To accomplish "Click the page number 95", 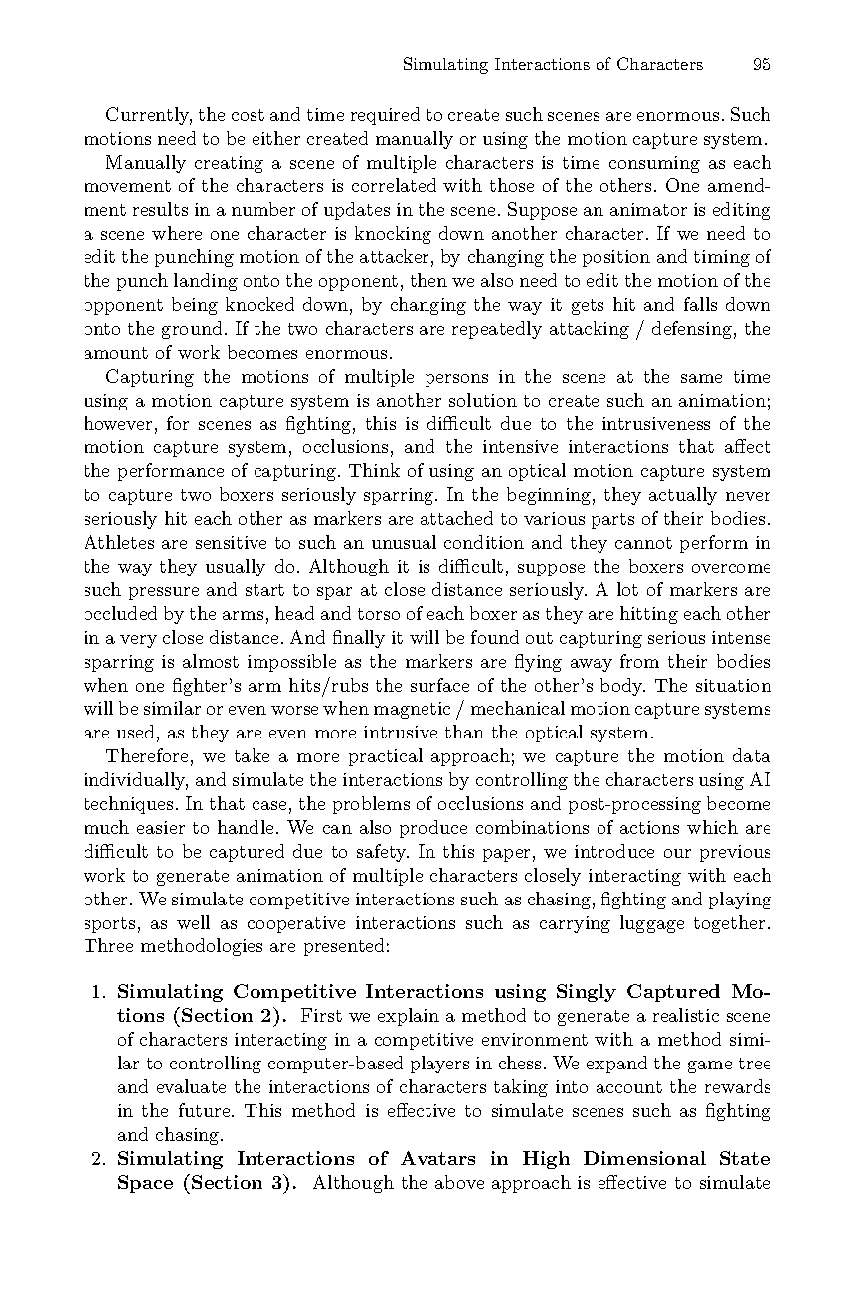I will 762,65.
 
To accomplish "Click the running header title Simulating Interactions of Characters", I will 552,65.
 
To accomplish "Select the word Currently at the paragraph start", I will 148,115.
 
